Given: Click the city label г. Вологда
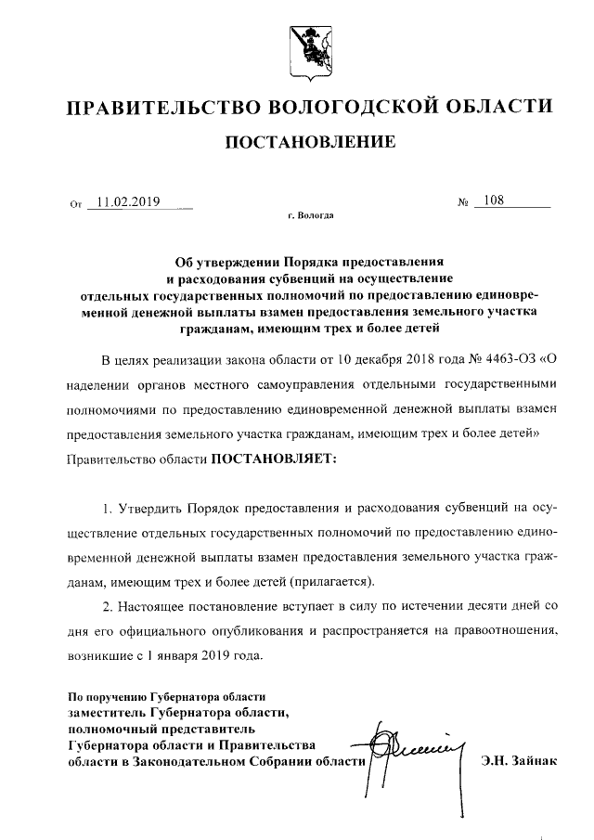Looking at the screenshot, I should [x=311, y=216].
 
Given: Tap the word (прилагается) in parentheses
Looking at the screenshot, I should [x=331, y=582].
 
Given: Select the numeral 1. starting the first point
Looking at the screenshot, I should [x=108, y=510].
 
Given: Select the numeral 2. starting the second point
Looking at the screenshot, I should [x=108, y=606].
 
